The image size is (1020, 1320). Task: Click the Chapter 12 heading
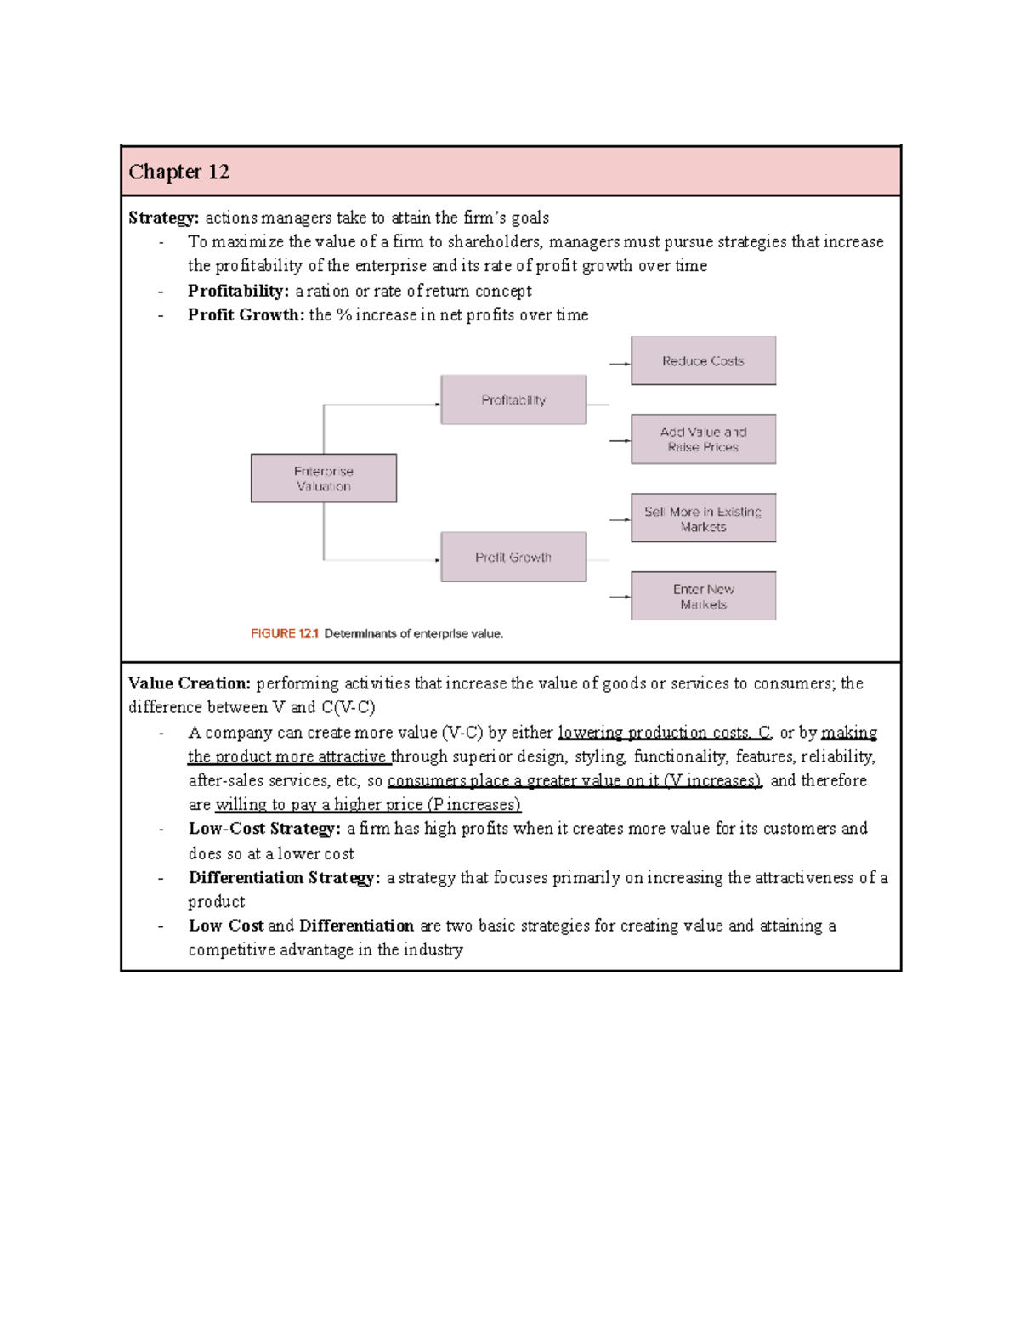(x=179, y=172)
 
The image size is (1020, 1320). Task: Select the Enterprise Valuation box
(x=323, y=479)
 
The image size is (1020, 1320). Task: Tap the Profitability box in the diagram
(x=513, y=399)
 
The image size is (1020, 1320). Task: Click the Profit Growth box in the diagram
(x=513, y=558)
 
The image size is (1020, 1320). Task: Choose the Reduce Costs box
(x=703, y=361)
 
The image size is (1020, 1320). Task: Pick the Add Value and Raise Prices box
(x=703, y=439)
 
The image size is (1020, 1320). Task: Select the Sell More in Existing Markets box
(x=703, y=518)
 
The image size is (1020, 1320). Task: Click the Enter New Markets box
(x=703, y=597)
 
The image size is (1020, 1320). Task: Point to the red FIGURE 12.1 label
(x=284, y=634)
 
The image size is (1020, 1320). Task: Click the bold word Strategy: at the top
(x=163, y=218)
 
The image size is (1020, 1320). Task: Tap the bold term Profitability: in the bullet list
(x=238, y=291)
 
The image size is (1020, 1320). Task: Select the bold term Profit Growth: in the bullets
(x=246, y=315)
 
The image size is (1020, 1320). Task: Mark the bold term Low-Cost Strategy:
(x=264, y=829)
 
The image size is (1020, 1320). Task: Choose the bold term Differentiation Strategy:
(x=284, y=878)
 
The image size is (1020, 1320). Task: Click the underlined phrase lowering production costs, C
(x=664, y=733)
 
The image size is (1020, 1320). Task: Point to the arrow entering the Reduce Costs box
(x=620, y=364)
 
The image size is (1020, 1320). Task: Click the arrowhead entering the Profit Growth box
(x=437, y=560)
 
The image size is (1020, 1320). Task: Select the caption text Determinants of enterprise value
(x=414, y=634)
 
